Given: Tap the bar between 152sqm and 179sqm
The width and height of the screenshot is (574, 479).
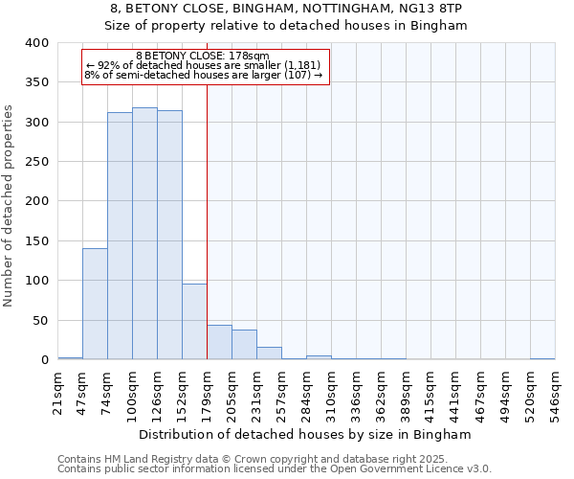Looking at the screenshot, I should pos(194,322).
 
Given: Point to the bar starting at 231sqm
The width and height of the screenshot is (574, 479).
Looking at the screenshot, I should pos(269,354).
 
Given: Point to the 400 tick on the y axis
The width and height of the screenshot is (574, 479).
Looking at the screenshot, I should pos(37,43).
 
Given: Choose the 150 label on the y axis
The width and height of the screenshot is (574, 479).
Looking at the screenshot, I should pos(37,241).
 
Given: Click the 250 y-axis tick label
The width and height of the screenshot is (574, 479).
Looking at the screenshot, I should pos(37,162).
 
